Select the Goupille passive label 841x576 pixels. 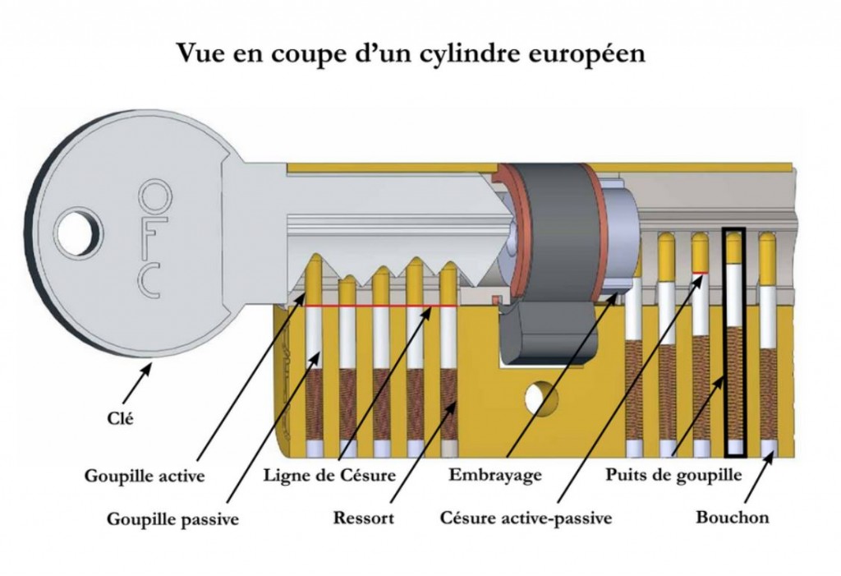172,518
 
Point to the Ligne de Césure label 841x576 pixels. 330,475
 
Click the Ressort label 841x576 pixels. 364,518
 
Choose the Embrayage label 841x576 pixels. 495,475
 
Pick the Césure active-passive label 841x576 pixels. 526,518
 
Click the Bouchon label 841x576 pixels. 733,518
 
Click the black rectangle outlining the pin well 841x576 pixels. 734,341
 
